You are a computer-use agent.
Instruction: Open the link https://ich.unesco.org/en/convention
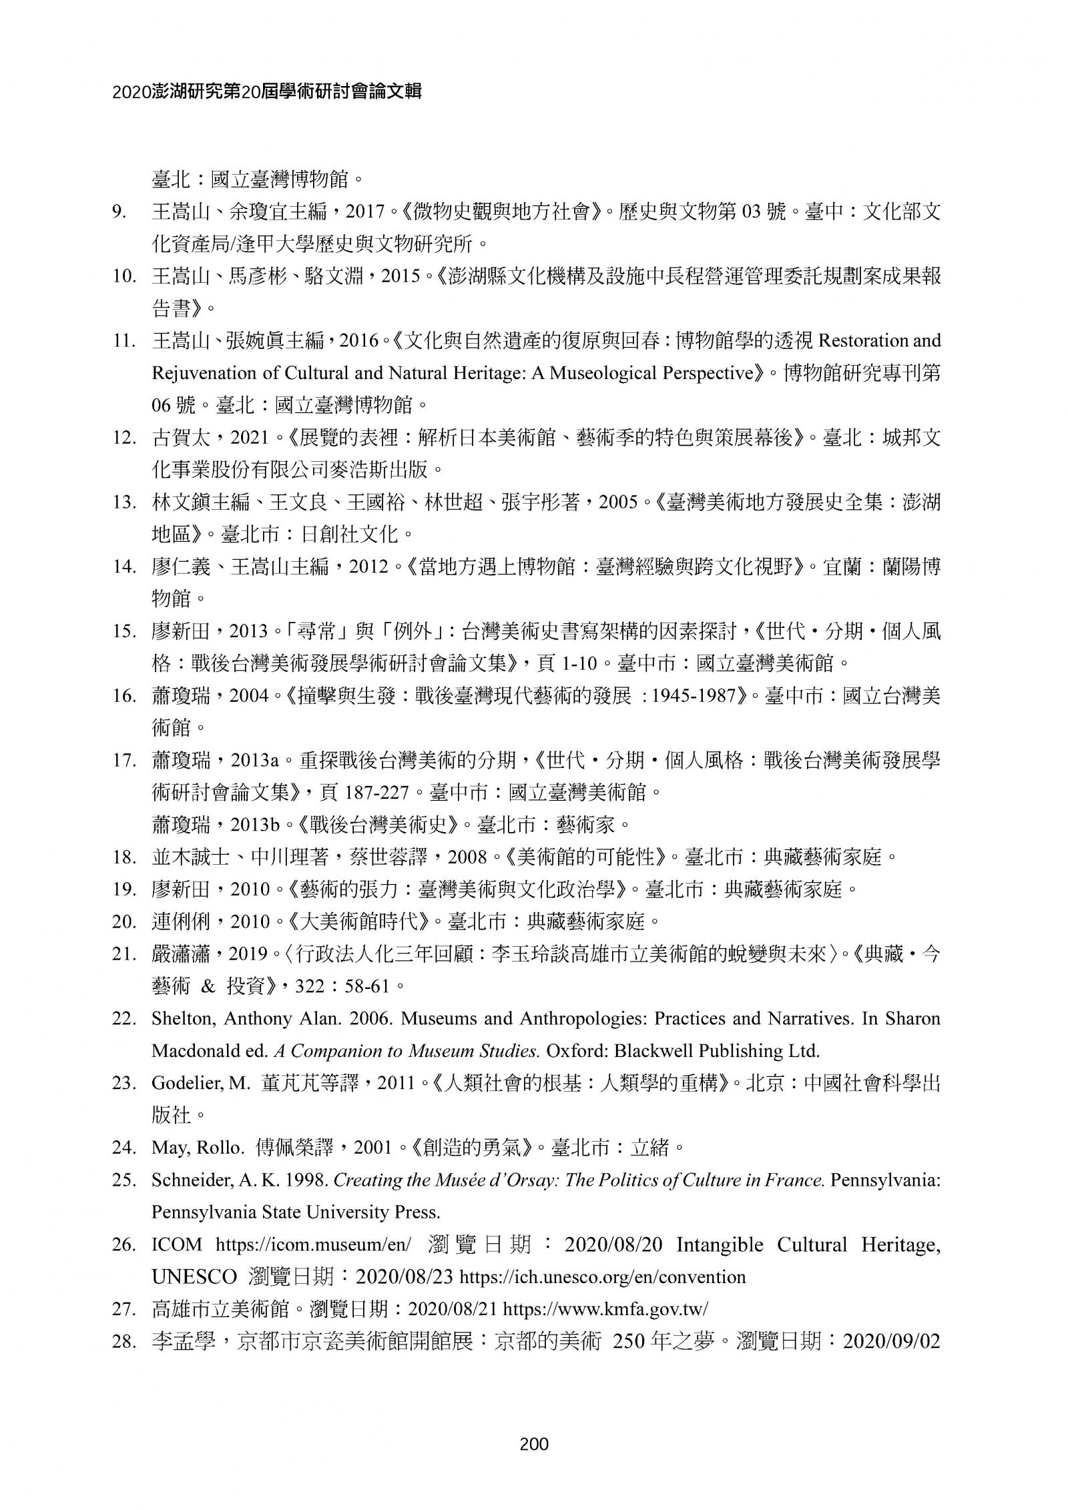pos(603,1277)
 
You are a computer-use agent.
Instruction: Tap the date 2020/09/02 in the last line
pos(892,1341)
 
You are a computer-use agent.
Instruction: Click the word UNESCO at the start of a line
pos(194,1277)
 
